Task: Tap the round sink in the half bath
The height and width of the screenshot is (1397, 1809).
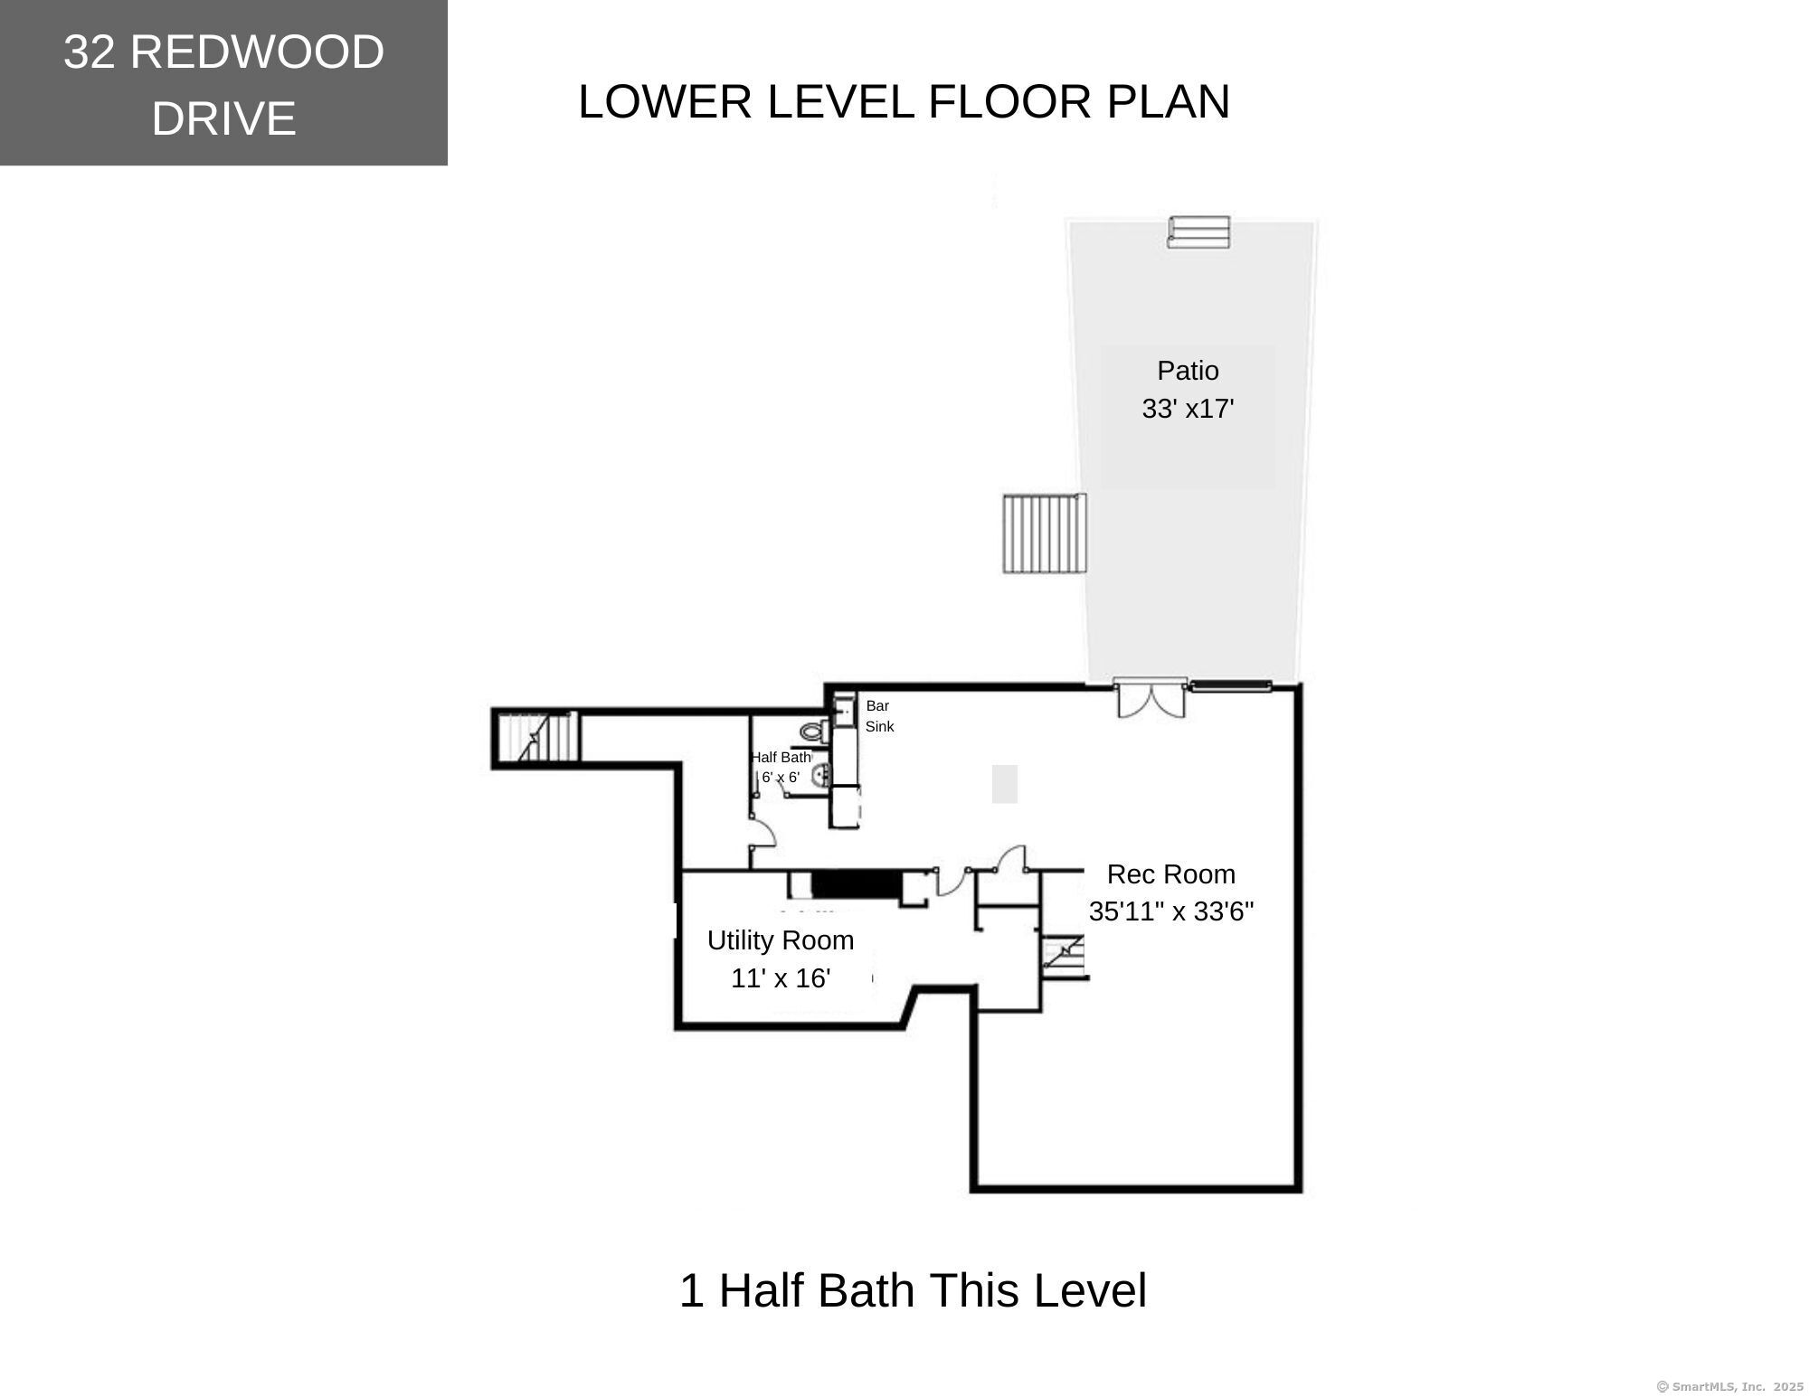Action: coord(821,775)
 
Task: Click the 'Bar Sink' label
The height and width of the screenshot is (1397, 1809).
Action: coord(878,716)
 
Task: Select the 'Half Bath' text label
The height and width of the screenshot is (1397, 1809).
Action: coord(781,758)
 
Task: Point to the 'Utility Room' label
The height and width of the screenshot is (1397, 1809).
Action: coord(780,940)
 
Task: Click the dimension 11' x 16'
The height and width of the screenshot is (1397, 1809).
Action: coord(780,978)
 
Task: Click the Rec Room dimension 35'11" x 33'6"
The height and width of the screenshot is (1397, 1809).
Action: coord(1170,911)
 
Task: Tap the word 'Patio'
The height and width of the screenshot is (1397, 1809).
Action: coord(1187,371)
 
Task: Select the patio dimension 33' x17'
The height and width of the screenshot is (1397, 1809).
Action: coord(1187,409)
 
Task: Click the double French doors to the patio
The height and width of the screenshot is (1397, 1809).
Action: coord(1151,698)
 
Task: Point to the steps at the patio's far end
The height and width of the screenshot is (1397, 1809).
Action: coord(1198,231)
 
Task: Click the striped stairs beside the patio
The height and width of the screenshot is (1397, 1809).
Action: coord(1044,533)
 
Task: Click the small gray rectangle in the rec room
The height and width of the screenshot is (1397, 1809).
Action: coord(1004,784)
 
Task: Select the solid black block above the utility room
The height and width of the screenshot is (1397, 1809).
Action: coord(856,884)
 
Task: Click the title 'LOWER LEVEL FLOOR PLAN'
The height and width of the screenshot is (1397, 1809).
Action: coord(903,101)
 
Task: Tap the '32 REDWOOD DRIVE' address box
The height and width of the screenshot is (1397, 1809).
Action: coord(223,83)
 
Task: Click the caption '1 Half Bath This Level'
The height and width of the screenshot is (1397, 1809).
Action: coord(912,1290)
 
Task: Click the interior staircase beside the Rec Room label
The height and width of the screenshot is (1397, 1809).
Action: coord(1065,957)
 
